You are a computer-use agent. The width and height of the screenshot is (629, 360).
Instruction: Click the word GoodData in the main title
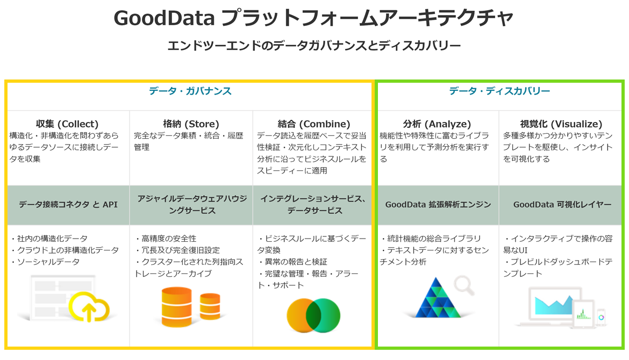point(164,18)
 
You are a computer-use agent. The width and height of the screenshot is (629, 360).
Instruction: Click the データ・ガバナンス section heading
point(190,91)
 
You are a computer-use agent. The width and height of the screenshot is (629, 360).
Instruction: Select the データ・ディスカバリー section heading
point(499,91)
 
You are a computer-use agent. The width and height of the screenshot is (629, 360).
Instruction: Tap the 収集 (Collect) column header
point(67,124)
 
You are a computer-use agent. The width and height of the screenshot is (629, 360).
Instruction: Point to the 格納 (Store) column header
point(191,124)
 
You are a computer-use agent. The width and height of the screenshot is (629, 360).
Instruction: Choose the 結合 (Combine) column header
point(314,124)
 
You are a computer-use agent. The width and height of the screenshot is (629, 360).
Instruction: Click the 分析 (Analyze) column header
point(437,124)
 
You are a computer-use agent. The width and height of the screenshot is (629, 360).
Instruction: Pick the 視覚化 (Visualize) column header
point(561,124)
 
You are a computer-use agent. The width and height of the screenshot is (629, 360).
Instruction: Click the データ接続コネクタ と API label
point(68,205)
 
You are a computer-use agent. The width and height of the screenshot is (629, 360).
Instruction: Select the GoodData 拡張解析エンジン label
point(438,205)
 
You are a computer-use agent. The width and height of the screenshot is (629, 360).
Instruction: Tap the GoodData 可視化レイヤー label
point(562,205)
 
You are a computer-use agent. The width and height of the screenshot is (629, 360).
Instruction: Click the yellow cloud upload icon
point(89,307)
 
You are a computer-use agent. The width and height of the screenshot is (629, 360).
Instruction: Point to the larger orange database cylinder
point(176,307)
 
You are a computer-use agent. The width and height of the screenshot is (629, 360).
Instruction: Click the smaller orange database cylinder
point(210,306)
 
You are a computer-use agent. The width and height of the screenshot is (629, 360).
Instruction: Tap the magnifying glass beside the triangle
point(464,285)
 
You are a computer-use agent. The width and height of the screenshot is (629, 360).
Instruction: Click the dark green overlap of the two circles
point(313,315)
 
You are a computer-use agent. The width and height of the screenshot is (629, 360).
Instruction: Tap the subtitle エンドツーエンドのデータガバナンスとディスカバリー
point(314,45)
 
